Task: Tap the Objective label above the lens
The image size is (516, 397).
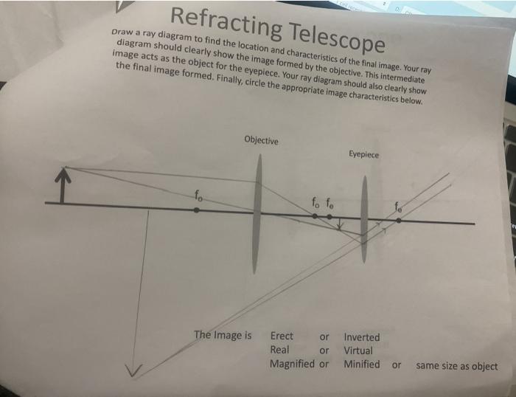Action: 260,140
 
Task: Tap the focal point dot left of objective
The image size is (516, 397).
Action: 196,210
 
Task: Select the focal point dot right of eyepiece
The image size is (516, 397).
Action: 398,219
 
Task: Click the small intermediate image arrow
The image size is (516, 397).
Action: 341,224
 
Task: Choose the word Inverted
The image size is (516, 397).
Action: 362,337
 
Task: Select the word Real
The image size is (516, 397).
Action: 280,350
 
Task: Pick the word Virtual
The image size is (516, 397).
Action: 358,351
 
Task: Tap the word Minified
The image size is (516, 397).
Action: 362,364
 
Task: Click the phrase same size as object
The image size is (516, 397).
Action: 456,366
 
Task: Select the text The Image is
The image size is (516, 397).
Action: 223,335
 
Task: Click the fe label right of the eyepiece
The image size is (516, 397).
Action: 398,207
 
